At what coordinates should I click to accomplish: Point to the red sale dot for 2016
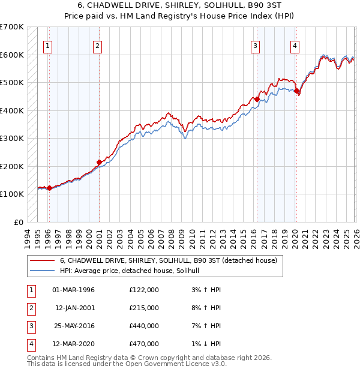[257, 100]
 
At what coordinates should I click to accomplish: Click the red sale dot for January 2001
[99, 162]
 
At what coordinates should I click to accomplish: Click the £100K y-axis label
[12, 194]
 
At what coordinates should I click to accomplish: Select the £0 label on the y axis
[18, 222]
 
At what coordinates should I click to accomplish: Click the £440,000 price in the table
[144, 326]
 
